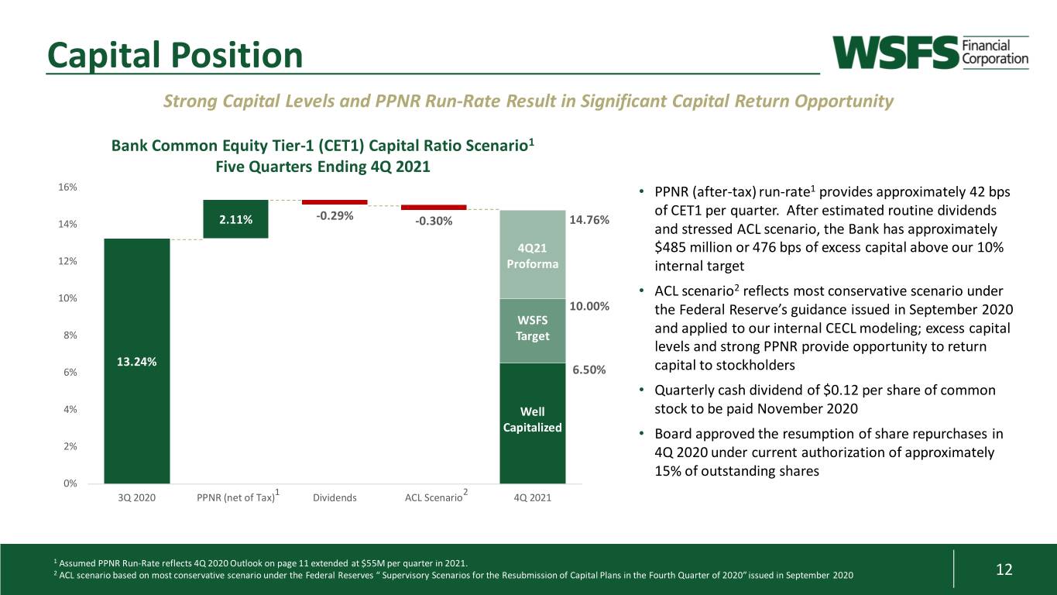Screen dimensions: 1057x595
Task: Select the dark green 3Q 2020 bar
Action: click(137, 361)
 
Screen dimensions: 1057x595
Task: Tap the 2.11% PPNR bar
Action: click(235, 219)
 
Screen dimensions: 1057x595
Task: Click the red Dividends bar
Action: click(335, 202)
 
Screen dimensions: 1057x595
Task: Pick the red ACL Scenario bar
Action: click(434, 208)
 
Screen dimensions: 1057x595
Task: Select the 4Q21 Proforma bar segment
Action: click(533, 255)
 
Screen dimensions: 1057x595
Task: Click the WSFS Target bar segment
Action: click(533, 331)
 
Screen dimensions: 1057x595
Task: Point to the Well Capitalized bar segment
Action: click(533, 423)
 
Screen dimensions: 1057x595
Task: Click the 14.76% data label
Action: click(589, 219)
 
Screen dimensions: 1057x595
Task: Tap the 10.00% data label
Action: click(589, 306)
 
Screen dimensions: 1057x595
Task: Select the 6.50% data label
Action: click(589, 370)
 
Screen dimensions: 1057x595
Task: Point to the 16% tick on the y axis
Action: click(67, 187)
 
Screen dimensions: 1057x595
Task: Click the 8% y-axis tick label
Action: click(70, 335)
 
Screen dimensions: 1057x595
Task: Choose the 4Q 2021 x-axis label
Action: click(532, 497)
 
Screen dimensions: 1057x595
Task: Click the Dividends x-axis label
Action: click(335, 497)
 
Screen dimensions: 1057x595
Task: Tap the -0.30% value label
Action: click(434, 221)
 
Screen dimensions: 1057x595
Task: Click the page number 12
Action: click(1004, 569)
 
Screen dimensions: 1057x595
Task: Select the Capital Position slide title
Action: click(175, 55)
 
